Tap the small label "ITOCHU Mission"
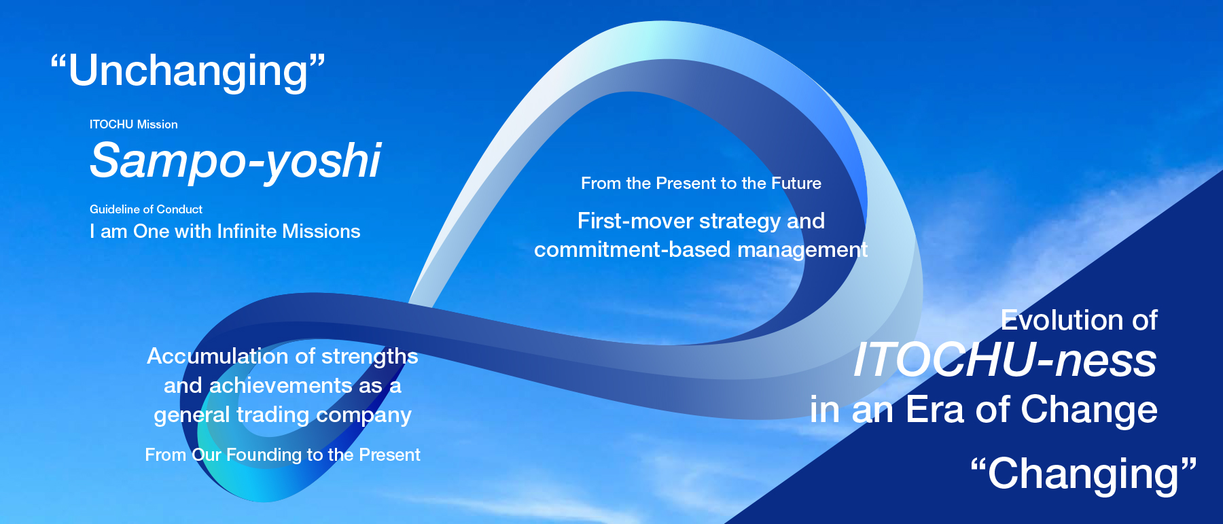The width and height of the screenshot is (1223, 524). point(134,124)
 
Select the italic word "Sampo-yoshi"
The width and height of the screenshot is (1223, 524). point(235,162)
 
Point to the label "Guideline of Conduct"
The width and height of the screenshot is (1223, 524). point(146,209)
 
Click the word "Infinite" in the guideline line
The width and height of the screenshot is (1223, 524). point(247,232)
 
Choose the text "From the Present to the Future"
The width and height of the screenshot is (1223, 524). point(701,184)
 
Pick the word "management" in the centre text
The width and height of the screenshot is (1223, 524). point(802,250)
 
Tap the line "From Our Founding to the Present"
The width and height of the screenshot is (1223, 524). point(283,455)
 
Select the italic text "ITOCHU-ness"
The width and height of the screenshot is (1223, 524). point(1005,360)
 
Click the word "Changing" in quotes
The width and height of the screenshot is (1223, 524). point(1084,474)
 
